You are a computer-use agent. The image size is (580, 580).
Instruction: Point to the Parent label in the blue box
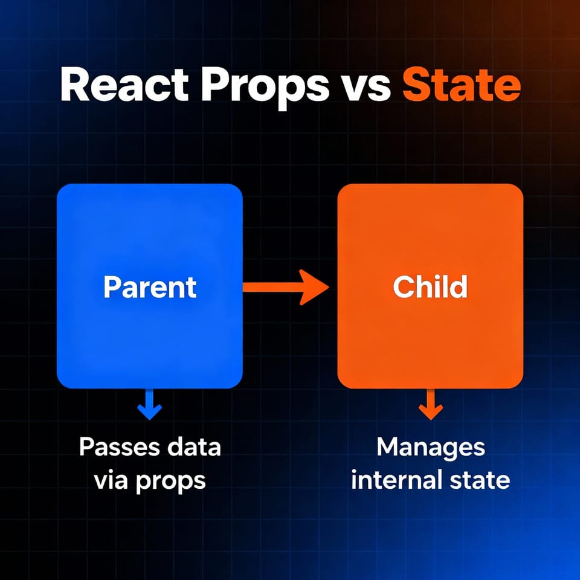pos(150,287)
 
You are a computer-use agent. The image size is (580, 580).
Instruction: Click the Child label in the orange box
pos(430,287)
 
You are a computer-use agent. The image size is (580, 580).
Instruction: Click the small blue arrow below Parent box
pos(150,404)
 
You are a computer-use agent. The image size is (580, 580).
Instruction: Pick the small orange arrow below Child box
pos(430,404)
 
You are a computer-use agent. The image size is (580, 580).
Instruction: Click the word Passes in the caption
pos(118,448)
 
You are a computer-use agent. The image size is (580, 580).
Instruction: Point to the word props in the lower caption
pos(171,482)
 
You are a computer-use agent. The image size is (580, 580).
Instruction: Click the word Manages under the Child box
pos(430,448)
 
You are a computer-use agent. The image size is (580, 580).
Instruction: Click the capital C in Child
pos(402,287)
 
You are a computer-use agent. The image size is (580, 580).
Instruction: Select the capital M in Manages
pos(387,448)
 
